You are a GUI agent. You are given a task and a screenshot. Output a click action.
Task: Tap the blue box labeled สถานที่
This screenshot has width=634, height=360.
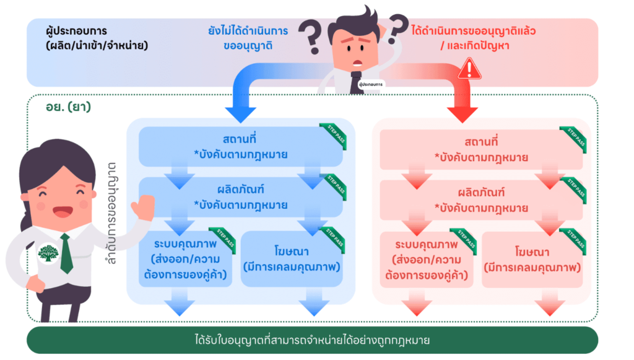[240, 146]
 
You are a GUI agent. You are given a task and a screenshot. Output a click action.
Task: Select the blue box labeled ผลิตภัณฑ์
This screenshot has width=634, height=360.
[240, 196]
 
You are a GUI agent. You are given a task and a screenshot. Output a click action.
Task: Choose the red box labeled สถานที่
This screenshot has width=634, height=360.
[480, 149]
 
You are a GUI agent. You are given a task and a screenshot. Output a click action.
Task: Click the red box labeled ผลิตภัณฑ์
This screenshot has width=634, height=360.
[480, 200]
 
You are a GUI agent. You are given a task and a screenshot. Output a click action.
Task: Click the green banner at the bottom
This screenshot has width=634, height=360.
[313, 340]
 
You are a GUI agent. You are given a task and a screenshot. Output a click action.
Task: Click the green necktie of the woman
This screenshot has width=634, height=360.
[66, 253]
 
